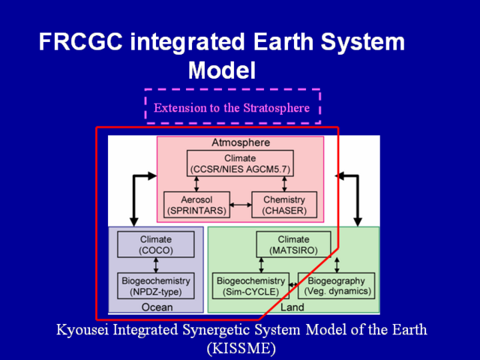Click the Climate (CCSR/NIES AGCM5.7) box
point(240,163)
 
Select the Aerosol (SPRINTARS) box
point(196,205)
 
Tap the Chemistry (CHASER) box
point(284,205)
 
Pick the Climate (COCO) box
point(156,244)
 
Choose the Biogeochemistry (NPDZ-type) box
point(156,286)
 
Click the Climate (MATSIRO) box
point(293,244)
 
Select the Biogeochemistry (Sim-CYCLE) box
point(250,286)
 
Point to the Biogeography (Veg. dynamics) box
point(337,286)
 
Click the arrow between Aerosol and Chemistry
point(241,205)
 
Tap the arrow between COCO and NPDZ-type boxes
point(156,265)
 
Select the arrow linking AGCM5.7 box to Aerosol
point(196,184)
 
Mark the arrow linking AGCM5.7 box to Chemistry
point(284,184)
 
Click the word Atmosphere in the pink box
point(241,142)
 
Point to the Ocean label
point(157,307)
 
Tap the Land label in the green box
point(292,307)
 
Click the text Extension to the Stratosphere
point(232,108)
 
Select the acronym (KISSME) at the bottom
point(241,348)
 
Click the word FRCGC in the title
point(81,42)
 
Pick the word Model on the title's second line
point(222,70)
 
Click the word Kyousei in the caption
point(82,330)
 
